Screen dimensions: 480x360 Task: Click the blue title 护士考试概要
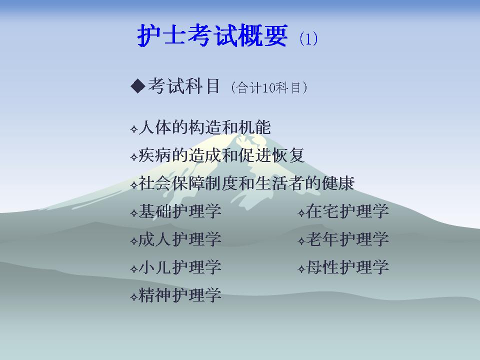[212, 35]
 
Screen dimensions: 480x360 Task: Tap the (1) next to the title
[308, 38]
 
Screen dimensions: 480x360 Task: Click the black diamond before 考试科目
[138, 86]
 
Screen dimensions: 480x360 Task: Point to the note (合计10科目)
[269, 87]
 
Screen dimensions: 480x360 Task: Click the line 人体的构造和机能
[205, 127]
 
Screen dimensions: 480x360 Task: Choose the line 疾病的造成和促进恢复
[221, 155]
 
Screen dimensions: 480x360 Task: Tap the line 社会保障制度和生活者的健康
[246, 183]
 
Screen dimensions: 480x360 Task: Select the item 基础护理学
[179, 211]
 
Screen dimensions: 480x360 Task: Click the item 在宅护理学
[347, 211]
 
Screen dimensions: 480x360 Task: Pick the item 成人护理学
[179, 239]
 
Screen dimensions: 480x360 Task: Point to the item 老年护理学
[347, 239]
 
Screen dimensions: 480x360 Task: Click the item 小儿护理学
[179, 267]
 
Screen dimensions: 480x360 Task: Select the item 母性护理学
[347, 267]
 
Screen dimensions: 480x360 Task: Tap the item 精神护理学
[179, 295]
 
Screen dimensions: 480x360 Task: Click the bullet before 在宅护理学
[301, 213]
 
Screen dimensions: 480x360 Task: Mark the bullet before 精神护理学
[134, 297]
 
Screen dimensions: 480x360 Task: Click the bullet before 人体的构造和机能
[134, 129]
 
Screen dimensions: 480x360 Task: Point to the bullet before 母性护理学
[301, 269]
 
